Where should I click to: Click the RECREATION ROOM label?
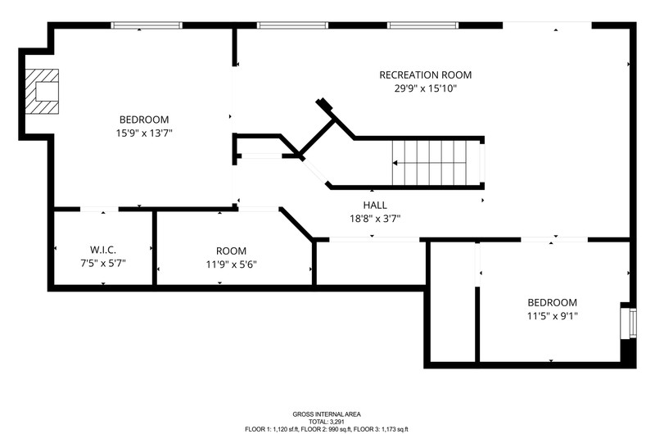(x=425, y=75)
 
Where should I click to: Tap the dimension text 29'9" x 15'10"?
(x=425, y=88)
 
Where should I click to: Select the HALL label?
(x=375, y=205)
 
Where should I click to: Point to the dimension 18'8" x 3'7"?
(x=375, y=219)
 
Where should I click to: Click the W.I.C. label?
(x=103, y=250)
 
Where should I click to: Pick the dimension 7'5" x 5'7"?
(x=103, y=264)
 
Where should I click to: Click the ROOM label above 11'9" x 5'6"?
(x=231, y=251)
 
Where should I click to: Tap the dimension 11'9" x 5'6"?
(x=231, y=264)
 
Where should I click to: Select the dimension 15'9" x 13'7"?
(x=144, y=133)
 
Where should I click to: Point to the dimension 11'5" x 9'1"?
(x=552, y=316)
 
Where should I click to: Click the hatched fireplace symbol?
(x=42, y=92)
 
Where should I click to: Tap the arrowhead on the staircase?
(x=395, y=163)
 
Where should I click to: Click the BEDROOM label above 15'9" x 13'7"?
(x=144, y=120)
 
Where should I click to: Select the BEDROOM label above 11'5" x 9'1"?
(x=552, y=302)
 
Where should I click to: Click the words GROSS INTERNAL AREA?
(x=327, y=414)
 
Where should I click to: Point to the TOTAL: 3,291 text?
(x=327, y=422)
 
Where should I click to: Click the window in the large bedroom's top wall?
(x=147, y=25)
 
